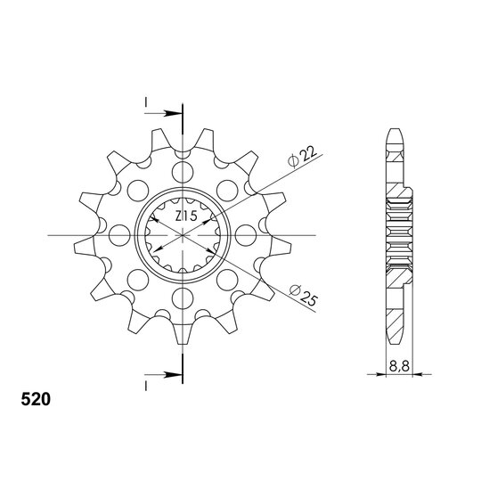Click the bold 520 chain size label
pos(36,399)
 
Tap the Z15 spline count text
pos(186,216)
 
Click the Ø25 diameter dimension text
pos(303,296)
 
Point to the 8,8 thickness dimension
pos(399,366)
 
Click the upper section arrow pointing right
pos(163,113)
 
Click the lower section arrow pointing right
pos(163,374)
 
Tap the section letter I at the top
pos(146,102)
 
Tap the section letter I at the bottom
pos(146,387)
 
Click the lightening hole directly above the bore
pos(183,172)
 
